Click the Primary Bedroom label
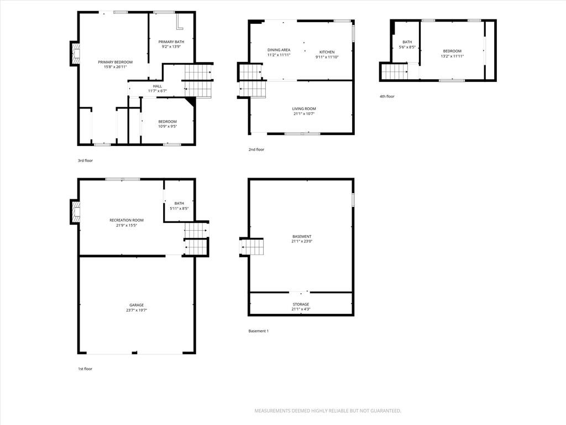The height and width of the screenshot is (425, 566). (x=115, y=62)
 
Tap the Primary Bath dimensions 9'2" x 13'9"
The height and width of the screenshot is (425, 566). (x=171, y=46)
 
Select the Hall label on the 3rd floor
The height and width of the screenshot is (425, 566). (x=158, y=86)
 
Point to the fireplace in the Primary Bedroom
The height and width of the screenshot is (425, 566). (x=75, y=53)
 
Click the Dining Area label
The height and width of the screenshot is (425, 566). (x=279, y=50)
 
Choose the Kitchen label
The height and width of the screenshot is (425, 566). (x=327, y=52)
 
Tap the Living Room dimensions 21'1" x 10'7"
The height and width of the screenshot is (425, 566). (x=304, y=114)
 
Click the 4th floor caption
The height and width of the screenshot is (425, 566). (x=387, y=96)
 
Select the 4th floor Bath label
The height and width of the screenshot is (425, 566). (x=407, y=42)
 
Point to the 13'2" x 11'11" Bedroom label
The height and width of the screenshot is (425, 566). (x=452, y=51)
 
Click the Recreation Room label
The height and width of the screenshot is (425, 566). (x=127, y=220)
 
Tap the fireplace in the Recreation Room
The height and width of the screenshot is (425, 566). (x=75, y=212)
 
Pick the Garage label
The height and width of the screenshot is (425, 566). (x=137, y=305)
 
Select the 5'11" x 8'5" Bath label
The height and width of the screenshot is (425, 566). (x=179, y=204)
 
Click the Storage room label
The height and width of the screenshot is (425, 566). (x=301, y=304)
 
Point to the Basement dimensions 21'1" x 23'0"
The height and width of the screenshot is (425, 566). (x=302, y=241)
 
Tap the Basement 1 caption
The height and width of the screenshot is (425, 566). (x=259, y=331)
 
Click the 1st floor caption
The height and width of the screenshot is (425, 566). (x=85, y=369)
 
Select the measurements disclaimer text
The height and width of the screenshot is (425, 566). (x=328, y=411)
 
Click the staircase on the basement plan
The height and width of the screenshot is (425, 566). (x=251, y=247)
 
